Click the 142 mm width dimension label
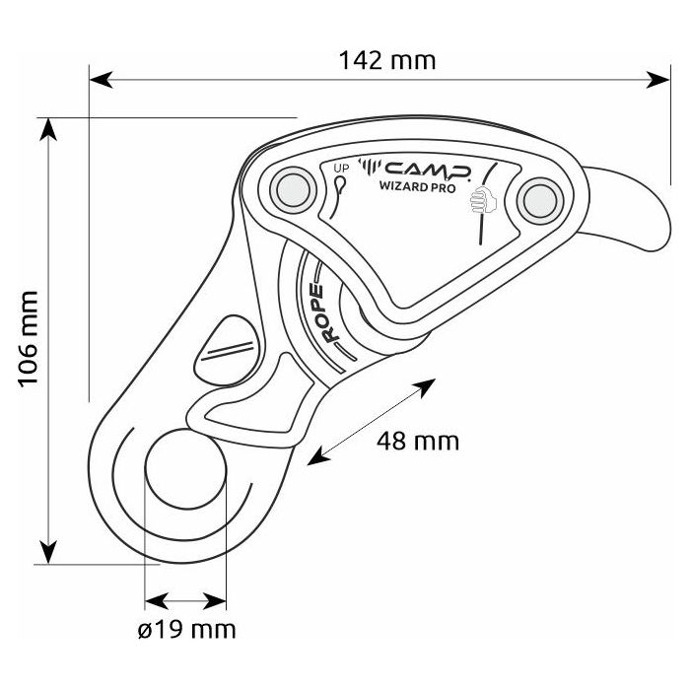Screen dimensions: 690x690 click(386, 60)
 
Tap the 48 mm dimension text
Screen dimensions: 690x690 click(418, 441)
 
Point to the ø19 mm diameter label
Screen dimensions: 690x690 click(187, 628)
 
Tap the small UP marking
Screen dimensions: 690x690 click(341, 168)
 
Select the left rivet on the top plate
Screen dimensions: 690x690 click(293, 188)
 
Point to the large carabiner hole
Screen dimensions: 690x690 click(186, 471)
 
